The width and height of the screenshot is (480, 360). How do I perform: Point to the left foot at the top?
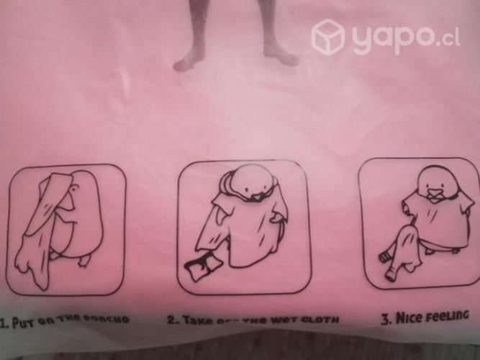[x=189, y=60]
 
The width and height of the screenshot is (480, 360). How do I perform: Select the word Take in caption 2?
[x=195, y=320]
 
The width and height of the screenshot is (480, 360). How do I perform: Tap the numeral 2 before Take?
[x=171, y=320]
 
